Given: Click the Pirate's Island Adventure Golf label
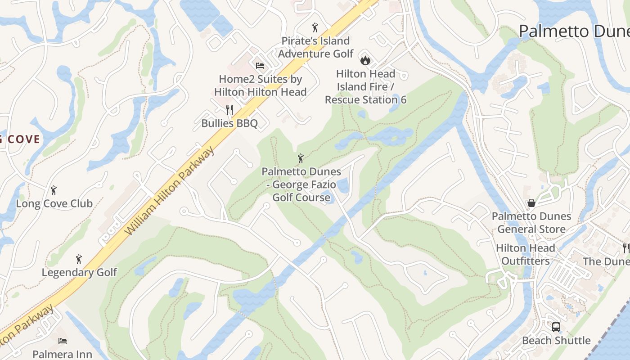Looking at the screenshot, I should [x=315, y=47].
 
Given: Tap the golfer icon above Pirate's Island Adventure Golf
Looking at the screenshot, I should [x=315, y=27].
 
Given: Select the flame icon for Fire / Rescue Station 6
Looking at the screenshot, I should [x=365, y=60].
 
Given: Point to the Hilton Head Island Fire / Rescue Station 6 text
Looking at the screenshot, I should [x=365, y=86].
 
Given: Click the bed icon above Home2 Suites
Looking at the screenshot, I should [x=260, y=66].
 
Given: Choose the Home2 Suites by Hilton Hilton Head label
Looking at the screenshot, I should [x=260, y=85].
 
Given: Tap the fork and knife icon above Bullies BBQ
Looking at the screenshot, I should [x=229, y=109].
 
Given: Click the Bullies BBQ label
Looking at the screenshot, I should [x=229, y=123].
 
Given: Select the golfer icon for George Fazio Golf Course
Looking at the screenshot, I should [x=301, y=158].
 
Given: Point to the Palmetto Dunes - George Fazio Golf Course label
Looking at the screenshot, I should [x=301, y=184].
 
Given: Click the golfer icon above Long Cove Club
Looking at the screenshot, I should [x=54, y=190].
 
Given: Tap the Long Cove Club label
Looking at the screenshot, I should [x=54, y=204].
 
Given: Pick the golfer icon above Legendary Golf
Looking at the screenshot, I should [x=79, y=259].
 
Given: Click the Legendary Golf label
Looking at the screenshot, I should [x=79, y=273].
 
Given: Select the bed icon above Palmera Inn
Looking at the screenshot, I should [x=63, y=341].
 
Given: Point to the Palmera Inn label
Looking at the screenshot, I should [x=63, y=355].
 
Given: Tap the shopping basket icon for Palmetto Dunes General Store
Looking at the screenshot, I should [x=531, y=203].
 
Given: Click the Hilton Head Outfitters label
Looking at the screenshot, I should [x=526, y=255].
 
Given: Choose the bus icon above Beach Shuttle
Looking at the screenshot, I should [x=556, y=327].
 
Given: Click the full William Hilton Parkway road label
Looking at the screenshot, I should [x=169, y=191].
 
